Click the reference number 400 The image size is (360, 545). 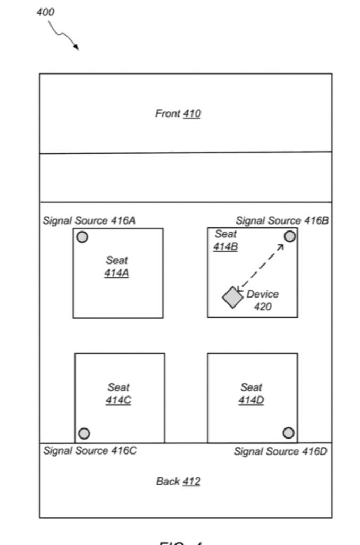(45, 12)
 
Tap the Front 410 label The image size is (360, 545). (178, 113)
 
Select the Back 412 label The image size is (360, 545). (178, 482)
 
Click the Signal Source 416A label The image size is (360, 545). (89, 220)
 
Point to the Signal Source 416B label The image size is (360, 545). (282, 220)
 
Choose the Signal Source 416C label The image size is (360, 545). (90, 451)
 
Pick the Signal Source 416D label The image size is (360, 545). (280, 451)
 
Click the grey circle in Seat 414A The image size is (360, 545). (82, 237)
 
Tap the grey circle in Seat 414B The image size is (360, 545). (289, 236)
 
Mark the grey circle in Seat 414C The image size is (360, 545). (84, 433)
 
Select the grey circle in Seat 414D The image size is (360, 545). (288, 433)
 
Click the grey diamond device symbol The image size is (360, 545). (232, 298)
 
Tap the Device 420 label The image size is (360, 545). (262, 300)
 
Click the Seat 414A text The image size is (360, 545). (116, 267)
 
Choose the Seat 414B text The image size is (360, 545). (225, 240)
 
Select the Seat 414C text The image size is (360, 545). (118, 394)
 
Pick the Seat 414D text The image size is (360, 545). (251, 394)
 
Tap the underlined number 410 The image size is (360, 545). (191, 113)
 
